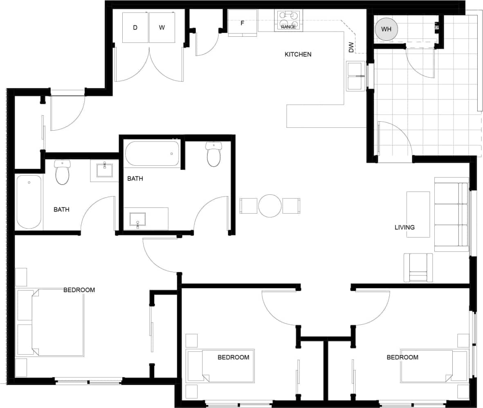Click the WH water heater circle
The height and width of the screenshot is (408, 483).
coord(386,29)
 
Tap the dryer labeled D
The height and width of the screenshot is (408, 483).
coord(135,28)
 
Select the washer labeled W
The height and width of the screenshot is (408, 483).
coord(162,28)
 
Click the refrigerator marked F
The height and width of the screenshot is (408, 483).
coord(243,23)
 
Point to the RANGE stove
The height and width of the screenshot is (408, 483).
coord(289,21)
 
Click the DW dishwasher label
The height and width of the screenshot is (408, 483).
coord(351,47)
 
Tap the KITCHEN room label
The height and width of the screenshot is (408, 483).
coord(298,54)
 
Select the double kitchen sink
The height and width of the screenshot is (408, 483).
coord(355,76)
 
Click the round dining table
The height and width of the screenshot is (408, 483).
coord(270,205)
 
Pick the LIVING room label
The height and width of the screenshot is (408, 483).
coord(404,227)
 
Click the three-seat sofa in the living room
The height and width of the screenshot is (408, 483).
coord(451,214)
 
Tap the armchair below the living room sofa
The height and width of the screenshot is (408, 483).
coord(418,268)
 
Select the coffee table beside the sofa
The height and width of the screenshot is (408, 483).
coord(418,214)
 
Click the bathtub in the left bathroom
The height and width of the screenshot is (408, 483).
coord(29,202)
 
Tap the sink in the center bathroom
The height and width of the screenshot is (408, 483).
coord(138,219)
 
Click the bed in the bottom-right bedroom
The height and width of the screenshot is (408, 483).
coord(434,366)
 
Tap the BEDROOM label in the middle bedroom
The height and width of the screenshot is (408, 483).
coord(233,357)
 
